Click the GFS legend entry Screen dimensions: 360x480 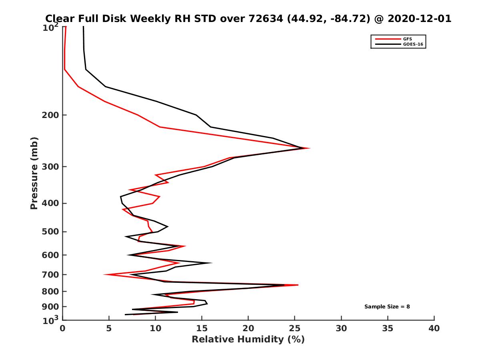(x=407, y=39)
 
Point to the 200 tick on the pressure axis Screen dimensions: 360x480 (x=51, y=115)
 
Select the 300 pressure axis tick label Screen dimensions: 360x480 (x=51, y=167)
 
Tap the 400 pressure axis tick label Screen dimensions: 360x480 (x=51, y=203)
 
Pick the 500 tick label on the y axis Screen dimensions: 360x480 (x=51, y=232)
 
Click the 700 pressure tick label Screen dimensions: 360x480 (x=51, y=274)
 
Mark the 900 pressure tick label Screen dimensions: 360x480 (x=51, y=307)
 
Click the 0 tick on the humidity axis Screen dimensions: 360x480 (x=63, y=328)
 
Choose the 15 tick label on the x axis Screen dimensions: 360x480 (x=202, y=328)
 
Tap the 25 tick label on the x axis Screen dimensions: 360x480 (x=295, y=328)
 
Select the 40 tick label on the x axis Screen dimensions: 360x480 (x=434, y=328)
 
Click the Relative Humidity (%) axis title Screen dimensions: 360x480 (x=248, y=340)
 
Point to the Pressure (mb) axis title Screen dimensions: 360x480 (x=34, y=173)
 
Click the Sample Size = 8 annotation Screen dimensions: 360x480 (x=387, y=307)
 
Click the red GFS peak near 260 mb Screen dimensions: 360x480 (x=309, y=148)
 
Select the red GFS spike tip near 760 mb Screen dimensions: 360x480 (x=298, y=285)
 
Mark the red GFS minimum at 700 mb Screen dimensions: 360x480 (x=104, y=274)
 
